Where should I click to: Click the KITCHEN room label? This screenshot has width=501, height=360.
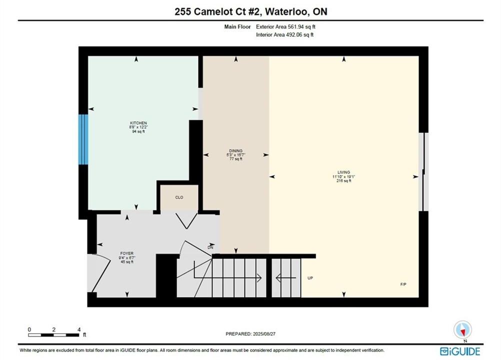pyautogui.click(x=138, y=123)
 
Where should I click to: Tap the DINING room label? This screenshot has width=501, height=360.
pyautogui.click(x=236, y=151)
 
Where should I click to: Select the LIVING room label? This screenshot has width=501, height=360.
pyautogui.click(x=344, y=172)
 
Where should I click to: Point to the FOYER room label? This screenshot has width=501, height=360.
pyautogui.click(x=127, y=253)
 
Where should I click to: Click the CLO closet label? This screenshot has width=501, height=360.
pyautogui.click(x=179, y=197)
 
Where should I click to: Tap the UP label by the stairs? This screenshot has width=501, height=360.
pyautogui.click(x=310, y=278)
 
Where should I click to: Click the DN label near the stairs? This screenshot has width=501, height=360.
pyautogui.click(x=210, y=247)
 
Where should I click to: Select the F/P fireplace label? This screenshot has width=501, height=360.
pyautogui.click(x=403, y=284)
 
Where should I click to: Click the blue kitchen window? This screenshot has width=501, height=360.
pyautogui.click(x=83, y=139)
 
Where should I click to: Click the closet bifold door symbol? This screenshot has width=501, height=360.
pyautogui.click(x=186, y=220)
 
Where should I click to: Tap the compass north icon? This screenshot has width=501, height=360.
pyautogui.click(x=462, y=330)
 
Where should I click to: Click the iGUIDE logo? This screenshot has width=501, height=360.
pyautogui.click(x=460, y=351)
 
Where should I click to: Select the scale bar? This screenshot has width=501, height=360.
pyautogui.click(x=53, y=335)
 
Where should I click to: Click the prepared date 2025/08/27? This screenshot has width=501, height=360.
pyautogui.click(x=264, y=334)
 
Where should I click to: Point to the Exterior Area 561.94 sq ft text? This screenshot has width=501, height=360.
pyautogui.click(x=285, y=27)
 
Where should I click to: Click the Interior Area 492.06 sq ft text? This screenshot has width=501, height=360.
pyautogui.click(x=284, y=34)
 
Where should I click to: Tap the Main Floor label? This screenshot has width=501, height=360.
pyautogui.click(x=237, y=27)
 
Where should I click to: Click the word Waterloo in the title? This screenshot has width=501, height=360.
pyautogui.click(x=287, y=12)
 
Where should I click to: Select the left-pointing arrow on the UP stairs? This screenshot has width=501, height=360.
pyautogui.click(x=285, y=278)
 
